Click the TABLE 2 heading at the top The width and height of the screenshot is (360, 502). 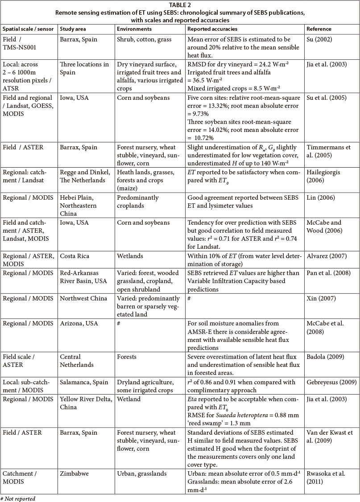point(180,5)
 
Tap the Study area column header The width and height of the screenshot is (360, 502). point(73,29)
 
